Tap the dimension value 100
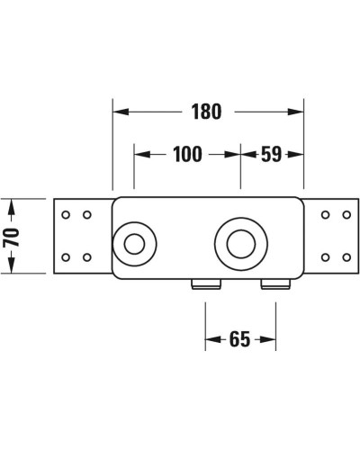[x=186, y=155]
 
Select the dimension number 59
[x=271, y=155]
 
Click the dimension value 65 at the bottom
[x=239, y=339]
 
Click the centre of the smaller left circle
[x=135, y=243]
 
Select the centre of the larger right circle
[x=240, y=243]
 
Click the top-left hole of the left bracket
[x=66, y=215]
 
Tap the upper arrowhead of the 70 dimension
[x=10, y=206]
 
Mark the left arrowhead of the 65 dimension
[x=212, y=339]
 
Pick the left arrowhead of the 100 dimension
[x=140, y=155]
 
